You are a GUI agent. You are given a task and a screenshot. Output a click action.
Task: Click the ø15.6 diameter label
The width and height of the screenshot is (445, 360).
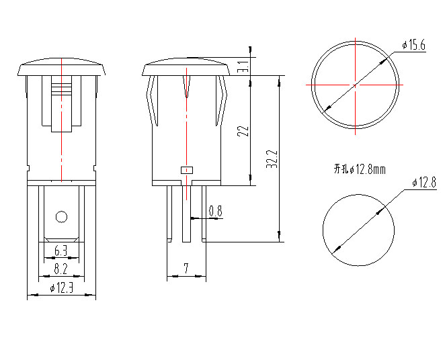(413, 45)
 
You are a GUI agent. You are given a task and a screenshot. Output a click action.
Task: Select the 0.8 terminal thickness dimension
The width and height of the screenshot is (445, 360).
(215, 212)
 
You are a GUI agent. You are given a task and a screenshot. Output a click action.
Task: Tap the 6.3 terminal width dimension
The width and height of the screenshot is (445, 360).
(60, 252)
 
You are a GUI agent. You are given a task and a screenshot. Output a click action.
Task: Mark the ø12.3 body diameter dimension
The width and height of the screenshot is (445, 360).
(61, 288)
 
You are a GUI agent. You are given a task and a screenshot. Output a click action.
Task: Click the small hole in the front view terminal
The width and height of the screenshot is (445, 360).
(61, 216)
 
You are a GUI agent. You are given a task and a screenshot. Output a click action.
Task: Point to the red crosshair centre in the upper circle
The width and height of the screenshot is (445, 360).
(355, 85)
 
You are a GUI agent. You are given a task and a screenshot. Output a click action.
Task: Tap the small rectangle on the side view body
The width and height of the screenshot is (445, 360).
(186, 170)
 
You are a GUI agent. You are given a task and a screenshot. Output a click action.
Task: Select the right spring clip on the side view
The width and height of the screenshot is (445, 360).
(219, 101)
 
